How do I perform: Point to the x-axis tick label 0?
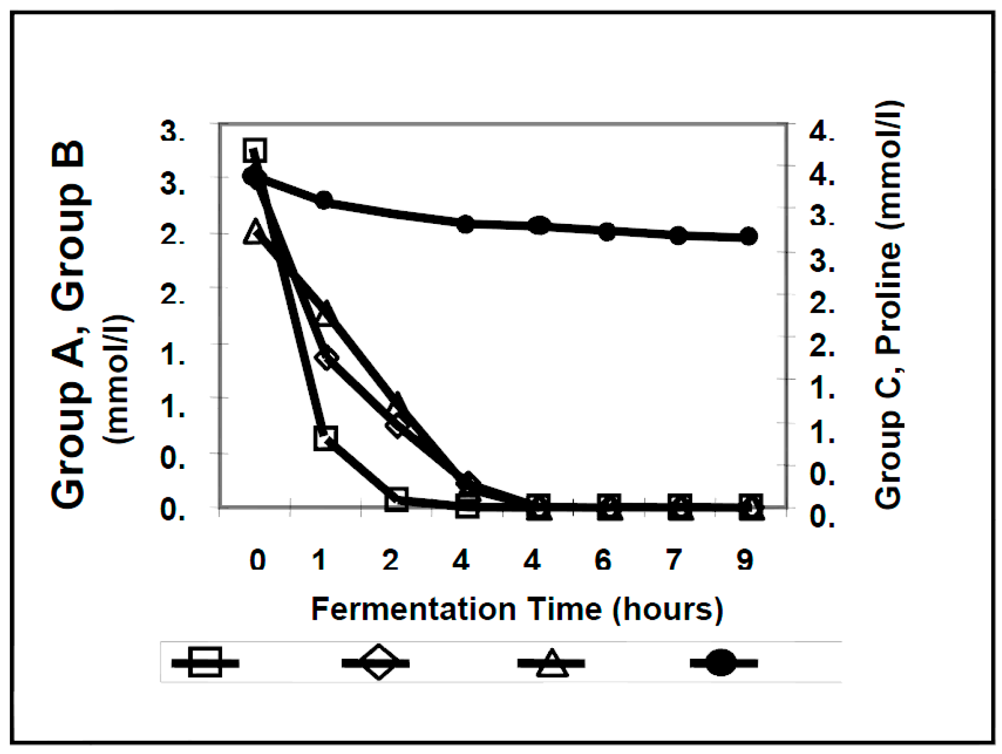(x=257, y=559)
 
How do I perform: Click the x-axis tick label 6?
(x=602, y=559)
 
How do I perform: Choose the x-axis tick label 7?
(x=674, y=559)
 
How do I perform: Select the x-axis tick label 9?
(x=745, y=559)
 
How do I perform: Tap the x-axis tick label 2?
(x=390, y=559)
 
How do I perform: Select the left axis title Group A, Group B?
(x=69, y=323)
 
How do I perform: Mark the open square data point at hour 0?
(x=255, y=150)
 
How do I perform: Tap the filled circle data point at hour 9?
(x=748, y=237)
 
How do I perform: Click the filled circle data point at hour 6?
(x=607, y=231)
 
